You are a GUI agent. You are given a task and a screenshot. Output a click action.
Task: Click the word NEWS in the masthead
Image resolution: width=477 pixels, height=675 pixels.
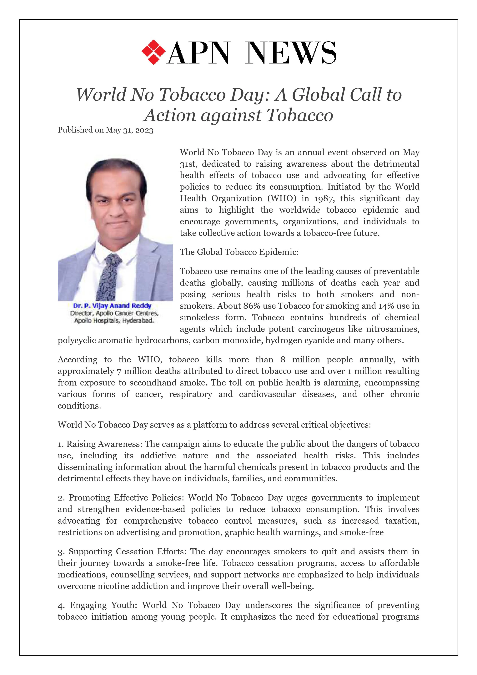(x=290, y=53)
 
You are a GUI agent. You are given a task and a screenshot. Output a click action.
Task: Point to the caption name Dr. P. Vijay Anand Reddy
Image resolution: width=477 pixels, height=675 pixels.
(x=112, y=306)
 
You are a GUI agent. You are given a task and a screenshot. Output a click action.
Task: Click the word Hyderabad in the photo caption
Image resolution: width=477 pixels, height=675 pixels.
(x=138, y=320)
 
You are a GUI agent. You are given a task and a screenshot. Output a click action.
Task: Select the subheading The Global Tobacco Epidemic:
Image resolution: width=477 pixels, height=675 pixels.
(x=239, y=252)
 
